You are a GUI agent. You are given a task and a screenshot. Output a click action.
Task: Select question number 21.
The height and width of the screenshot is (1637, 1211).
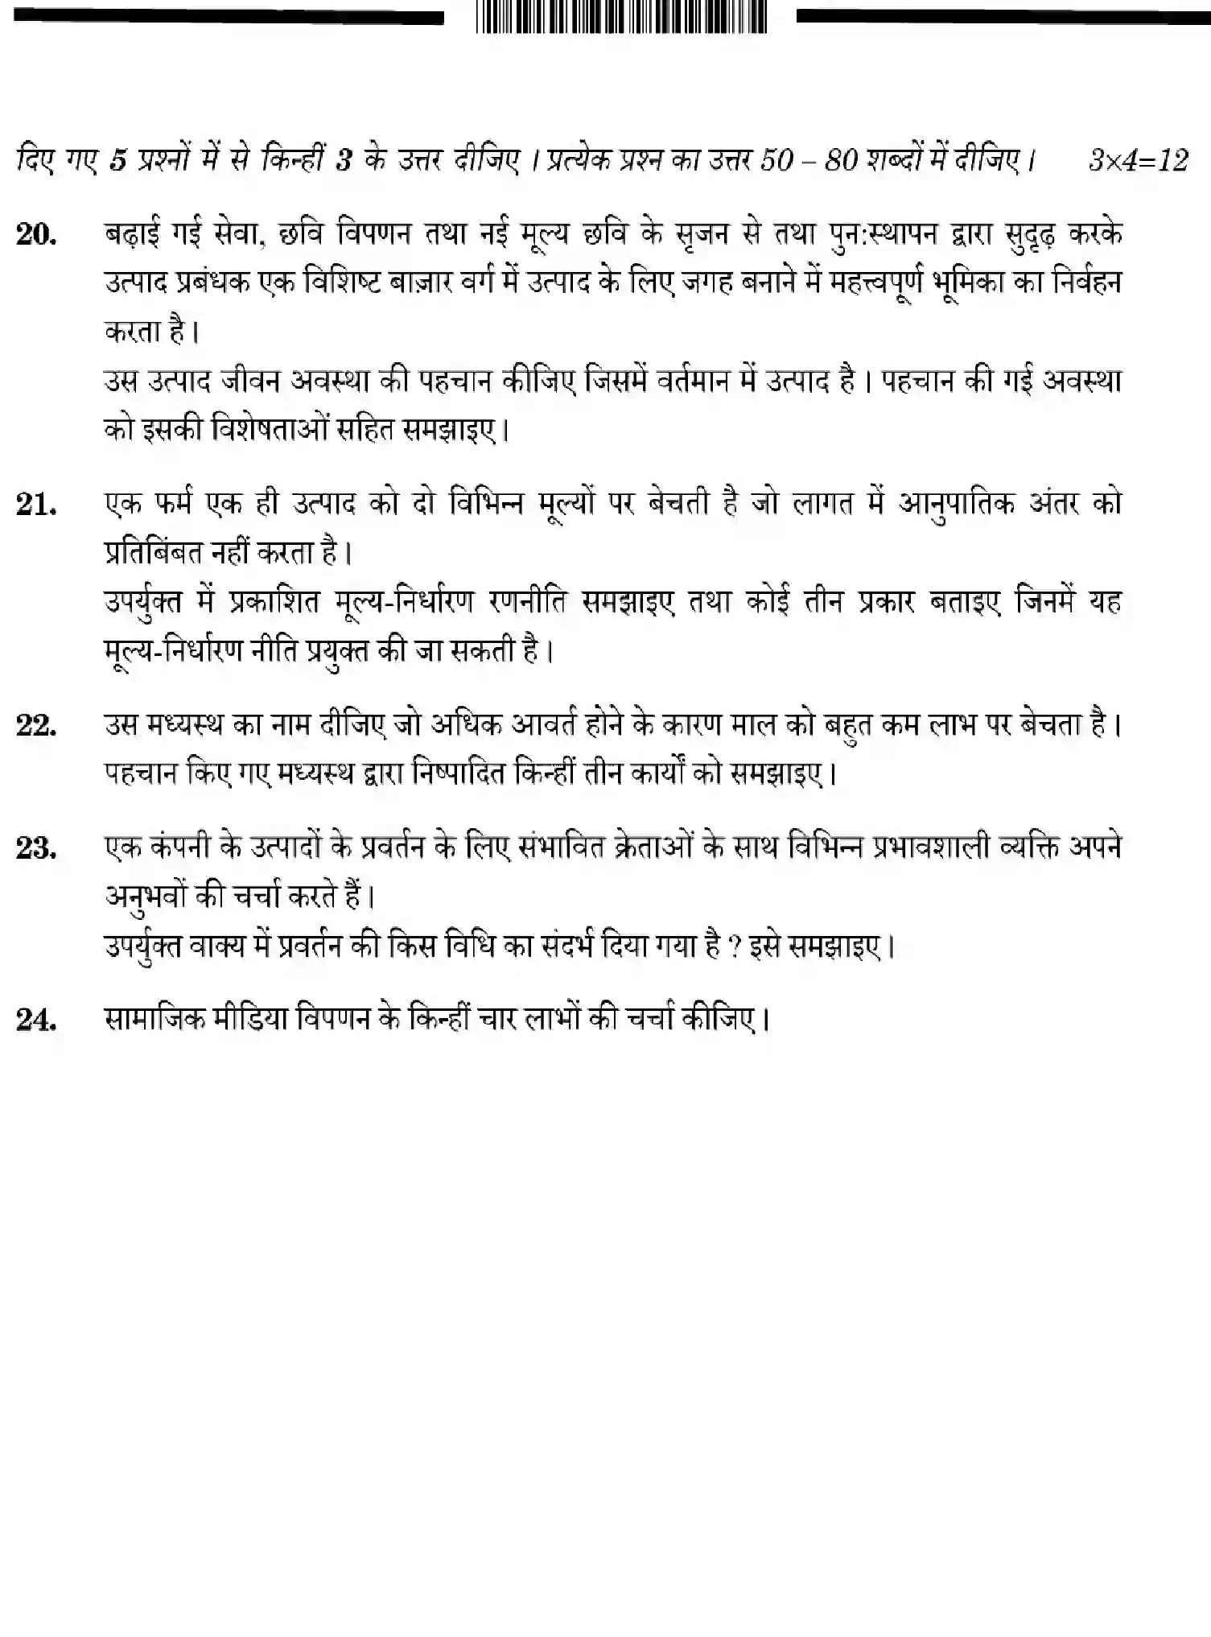pos(36,505)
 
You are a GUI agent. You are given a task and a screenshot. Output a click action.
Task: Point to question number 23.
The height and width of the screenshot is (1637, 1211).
pos(36,848)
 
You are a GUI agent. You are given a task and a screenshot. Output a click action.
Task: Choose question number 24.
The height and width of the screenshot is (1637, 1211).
pos(36,1021)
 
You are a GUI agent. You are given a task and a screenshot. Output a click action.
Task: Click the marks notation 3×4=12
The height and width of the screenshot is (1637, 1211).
pos(1138,160)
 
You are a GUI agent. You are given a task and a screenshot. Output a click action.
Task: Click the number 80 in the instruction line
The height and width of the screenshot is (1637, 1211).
pos(842,160)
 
